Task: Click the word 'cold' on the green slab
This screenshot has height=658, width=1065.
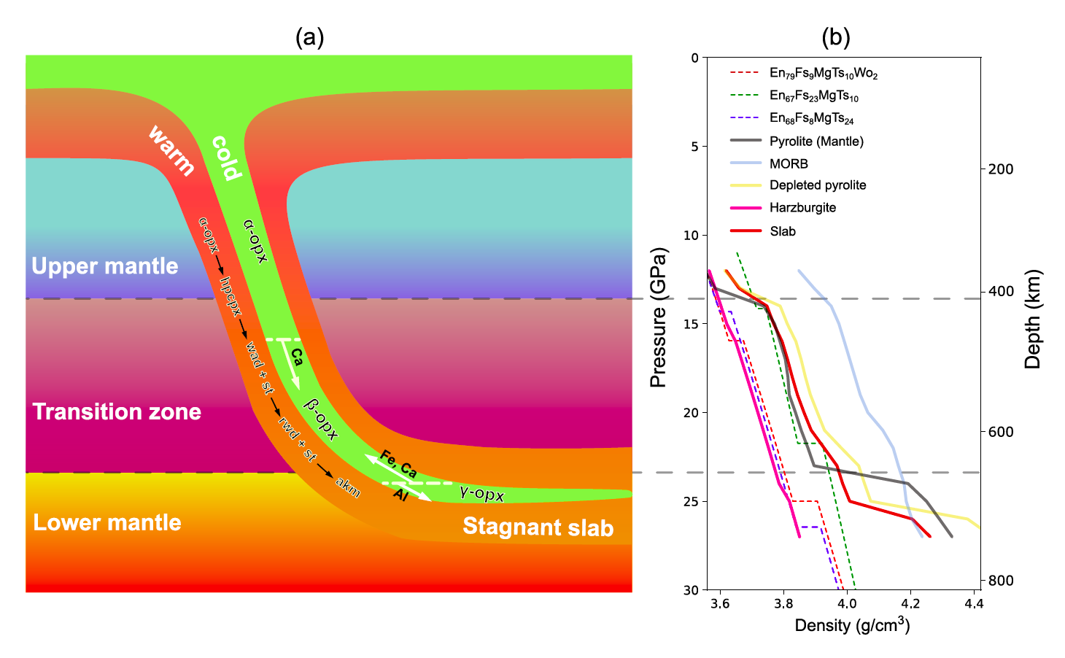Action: coord(226,158)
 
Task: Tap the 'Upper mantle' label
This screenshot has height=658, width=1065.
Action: coord(104,266)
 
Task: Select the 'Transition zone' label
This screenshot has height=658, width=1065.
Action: coord(117,412)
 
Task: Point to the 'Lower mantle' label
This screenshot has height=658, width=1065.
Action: coord(107,523)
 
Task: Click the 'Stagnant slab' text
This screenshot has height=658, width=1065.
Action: coord(538,527)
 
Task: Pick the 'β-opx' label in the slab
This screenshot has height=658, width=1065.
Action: coord(322,420)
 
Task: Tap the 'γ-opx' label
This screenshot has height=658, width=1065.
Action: coord(482,493)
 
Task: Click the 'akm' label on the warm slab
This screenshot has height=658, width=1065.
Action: coord(348,487)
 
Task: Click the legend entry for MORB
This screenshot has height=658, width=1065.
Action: coord(789,164)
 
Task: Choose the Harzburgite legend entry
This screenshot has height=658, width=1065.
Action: coord(802,208)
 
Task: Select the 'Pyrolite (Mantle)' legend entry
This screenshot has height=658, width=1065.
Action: coord(816,142)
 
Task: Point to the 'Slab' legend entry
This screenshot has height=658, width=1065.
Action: coord(783,231)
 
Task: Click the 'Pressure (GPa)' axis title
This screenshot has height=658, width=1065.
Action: coord(659,318)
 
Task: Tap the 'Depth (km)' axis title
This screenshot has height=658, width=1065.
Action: coord(1032,320)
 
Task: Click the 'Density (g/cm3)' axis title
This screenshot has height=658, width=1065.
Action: coord(852,625)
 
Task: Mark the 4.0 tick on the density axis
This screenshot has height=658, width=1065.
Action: coord(846,604)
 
